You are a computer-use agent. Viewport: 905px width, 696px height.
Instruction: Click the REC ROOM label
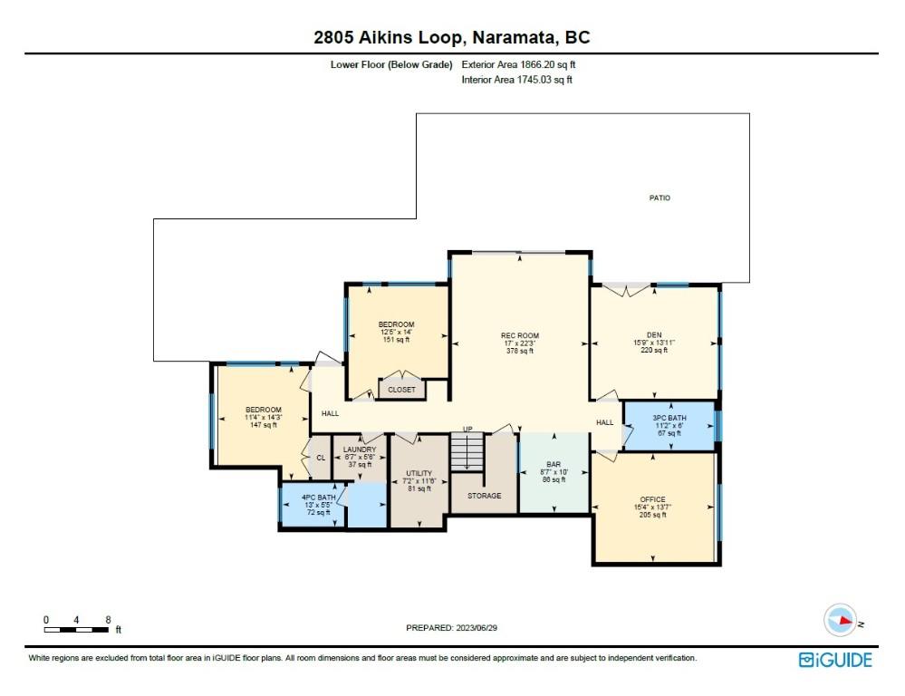click(520, 335)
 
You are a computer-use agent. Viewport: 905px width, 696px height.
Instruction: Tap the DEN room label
click(654, 334)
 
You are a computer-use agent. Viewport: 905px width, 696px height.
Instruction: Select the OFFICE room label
click(652, 499)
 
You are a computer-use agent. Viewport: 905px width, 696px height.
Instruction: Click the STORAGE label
click(484, 496)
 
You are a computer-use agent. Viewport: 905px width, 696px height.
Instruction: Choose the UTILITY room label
click(419, 473)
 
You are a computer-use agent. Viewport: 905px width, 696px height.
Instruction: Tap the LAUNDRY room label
click(360, 449)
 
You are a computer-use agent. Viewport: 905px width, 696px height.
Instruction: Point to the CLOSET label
click(401, 390)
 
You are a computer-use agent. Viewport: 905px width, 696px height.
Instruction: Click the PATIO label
click(659, 198)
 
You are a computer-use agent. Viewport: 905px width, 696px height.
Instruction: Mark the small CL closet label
click(321, 458)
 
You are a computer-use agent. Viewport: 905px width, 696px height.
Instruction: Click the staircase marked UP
click(468, 450)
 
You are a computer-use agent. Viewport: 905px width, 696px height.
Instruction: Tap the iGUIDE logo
click(834, 660)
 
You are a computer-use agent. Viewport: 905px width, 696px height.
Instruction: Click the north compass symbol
click(840, 621)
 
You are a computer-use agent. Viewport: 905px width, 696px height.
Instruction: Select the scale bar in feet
click(77, 628)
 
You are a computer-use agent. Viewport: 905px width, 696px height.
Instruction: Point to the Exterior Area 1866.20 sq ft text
click(519, 65)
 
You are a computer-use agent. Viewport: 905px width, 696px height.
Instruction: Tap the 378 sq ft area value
click(520, 351)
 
